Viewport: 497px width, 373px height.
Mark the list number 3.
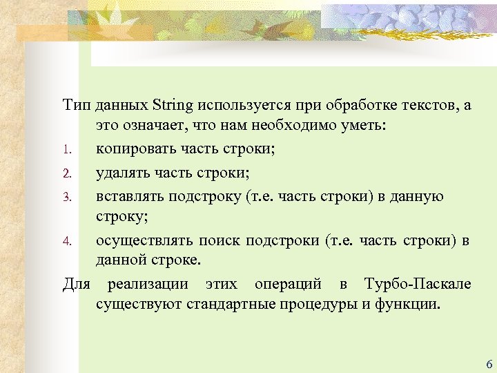point(67,196)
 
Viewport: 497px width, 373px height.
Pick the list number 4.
point(67,241)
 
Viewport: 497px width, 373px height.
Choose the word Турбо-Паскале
point(418,285)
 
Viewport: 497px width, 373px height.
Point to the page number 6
point(489,364)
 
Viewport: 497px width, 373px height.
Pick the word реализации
point(146,285)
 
